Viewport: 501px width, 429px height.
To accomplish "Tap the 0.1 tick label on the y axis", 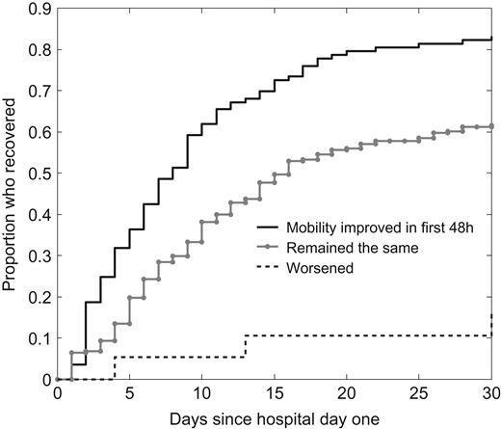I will tap(39, 339).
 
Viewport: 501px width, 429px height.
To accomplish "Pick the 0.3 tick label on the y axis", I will tap(39, 256).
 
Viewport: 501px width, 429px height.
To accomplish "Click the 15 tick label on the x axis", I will tap(275, 393).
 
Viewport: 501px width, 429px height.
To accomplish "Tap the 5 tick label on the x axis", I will tap(129, 393).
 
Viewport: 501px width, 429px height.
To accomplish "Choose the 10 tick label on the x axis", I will tap(201, 393).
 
